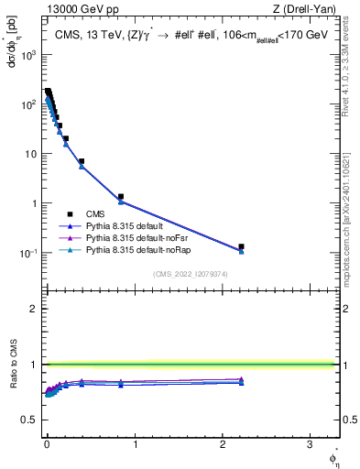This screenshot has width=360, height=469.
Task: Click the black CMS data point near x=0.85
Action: coord(121,196)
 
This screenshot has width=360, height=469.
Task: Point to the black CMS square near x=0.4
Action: coord(82,161)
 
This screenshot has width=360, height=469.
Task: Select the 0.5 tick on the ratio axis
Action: coord(31,420)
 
